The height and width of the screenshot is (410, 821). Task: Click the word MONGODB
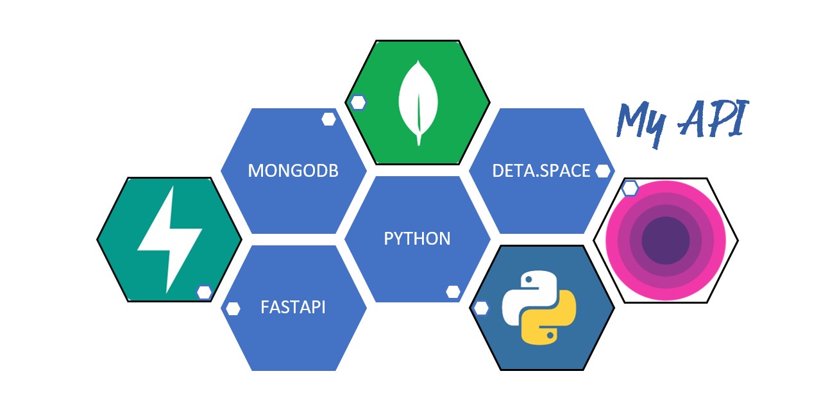(293, 171)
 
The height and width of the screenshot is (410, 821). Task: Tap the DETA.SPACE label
(541, 171)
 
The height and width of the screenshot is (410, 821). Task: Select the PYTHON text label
(417, 239)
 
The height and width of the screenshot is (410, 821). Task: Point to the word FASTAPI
(293, 307)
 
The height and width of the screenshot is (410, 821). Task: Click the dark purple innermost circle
(665, 240)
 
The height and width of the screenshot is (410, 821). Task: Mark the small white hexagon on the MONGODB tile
(329, 119)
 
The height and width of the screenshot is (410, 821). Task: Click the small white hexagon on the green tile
(358, 102)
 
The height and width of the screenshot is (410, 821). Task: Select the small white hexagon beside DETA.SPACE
(602, 171)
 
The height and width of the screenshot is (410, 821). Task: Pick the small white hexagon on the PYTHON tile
(453, 291)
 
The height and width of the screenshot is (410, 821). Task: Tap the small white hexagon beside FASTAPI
(233, 308)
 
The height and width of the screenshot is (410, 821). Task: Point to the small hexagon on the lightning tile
(204, 292)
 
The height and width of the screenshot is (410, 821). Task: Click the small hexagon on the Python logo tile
(480, 308)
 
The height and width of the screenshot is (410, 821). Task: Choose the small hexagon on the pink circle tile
(630, 188)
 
